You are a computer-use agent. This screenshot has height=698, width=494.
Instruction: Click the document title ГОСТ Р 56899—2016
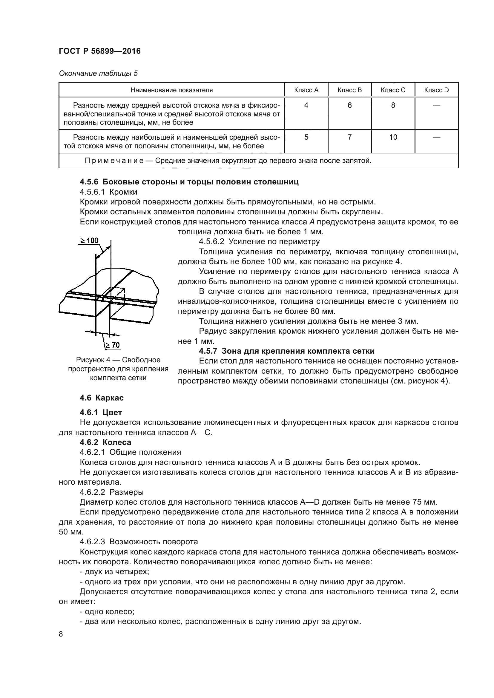coord(99,51)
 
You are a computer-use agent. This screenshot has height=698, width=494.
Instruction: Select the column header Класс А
coord(306,90)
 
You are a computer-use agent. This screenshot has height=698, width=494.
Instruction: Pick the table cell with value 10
coord(393,137)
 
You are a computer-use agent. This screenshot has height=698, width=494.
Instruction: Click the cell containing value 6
coord(349,105)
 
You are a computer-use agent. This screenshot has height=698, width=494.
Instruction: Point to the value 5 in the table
coord(306,137)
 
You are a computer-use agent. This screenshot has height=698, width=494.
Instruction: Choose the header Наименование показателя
coord(171,90)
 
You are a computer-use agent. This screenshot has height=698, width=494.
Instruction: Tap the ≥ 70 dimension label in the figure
coord(112,345)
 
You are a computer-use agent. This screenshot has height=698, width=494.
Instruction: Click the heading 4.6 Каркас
coord(102,397)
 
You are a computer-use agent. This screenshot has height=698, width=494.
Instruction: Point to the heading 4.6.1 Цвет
coord(101,412)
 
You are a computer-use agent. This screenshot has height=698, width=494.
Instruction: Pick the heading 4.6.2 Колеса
coord(105,442)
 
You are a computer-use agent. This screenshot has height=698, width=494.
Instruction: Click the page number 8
coord(61,634)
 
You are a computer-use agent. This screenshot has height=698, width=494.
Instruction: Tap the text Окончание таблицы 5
coord(98,73)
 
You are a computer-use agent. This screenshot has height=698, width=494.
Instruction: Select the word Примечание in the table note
coord(114,161)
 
